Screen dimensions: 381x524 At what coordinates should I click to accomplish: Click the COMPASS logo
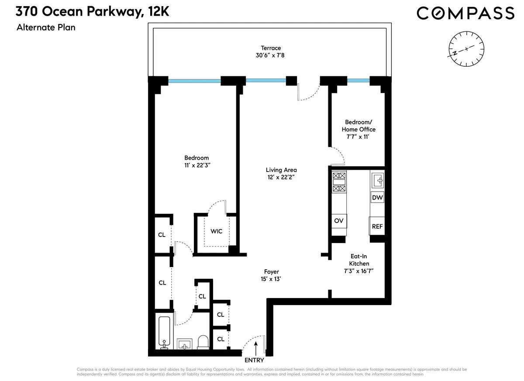click(465, 13)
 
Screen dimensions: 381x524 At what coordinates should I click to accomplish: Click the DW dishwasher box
click(377, 198)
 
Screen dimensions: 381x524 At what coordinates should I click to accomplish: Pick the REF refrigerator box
click(377, 227)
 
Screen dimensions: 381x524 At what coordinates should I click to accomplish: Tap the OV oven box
click(339, 221)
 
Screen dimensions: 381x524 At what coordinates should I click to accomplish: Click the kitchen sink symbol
click(377, 179)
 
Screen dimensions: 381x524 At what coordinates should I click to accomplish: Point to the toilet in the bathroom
click(203, 342)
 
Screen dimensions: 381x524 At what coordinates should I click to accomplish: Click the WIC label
click(217, 231)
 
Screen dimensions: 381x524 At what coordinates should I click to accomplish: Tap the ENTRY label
click(254, 360)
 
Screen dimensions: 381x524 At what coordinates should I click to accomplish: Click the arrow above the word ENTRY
click(256, 347)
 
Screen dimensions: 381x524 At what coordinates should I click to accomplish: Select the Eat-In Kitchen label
click(359, 261)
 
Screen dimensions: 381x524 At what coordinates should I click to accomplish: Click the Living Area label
click(281, 170)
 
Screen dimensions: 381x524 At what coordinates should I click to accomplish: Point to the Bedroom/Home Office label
click(360, 126)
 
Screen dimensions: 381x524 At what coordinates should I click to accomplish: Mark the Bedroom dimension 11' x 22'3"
click(196, 165)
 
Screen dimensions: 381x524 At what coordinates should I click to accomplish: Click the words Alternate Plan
click(46, 28)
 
